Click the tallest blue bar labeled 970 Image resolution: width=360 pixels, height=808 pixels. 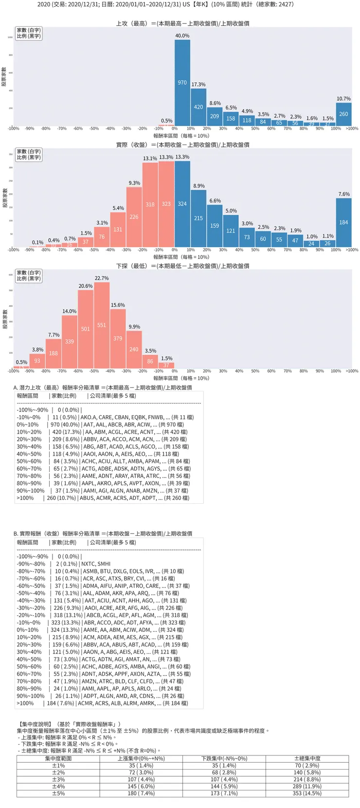(x=182, y=83)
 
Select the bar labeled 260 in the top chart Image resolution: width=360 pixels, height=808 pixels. (x=343, y=114)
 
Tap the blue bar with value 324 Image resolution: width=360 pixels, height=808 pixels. (x=182, y=204)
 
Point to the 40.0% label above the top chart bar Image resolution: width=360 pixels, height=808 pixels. (x=182, y=36)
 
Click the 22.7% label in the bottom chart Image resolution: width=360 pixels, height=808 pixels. (x=102, y=278)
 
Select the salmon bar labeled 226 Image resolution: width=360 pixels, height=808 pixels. (x=134, y=217)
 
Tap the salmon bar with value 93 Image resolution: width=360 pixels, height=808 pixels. (x=37, y=361)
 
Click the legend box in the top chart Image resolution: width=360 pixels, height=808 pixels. (x=29, y=33)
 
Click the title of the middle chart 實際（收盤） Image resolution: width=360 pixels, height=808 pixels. (x=182, y=145)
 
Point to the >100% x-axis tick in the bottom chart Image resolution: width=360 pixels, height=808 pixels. (x=352, y=371)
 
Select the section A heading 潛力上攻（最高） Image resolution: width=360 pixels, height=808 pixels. (x=103, y=387)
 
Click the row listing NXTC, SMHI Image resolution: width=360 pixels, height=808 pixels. (x=64, y=564)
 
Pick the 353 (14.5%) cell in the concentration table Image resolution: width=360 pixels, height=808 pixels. (x=307, y=793)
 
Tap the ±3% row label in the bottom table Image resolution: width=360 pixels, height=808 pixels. (x=58, y=779)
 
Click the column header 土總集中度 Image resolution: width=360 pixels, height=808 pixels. (x=307, y=758)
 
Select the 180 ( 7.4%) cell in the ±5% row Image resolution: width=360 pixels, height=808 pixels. (x=141, y=793)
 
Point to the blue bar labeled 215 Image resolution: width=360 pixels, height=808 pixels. (x=198, y=218)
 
